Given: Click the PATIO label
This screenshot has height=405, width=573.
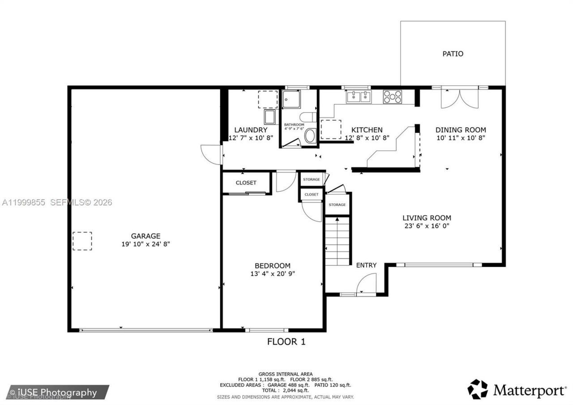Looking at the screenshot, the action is [x=453, y=54].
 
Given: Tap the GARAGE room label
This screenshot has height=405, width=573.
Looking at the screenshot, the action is [x=145, y=236].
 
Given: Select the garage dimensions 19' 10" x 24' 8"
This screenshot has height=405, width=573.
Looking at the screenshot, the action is [x=145, y=244].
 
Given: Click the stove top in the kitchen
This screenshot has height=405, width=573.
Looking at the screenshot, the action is [x=393, y=97].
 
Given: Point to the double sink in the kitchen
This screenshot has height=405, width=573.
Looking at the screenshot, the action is [x=359, y=97].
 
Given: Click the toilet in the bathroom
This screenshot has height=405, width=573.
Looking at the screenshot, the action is [x=308, y=117].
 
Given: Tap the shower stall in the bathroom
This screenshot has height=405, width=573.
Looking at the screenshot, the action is [x=291, y=99].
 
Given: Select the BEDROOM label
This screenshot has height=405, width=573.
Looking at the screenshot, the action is [x=273, y=266].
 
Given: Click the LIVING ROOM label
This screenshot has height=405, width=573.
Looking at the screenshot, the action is [x=427, y=218].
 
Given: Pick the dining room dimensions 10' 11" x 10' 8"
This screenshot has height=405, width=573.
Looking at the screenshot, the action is [x=461, y=138].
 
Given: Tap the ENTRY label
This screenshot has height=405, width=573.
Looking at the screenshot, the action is [x=366, y=265].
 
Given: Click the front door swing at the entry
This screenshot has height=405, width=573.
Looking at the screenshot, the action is [x=366, y=284].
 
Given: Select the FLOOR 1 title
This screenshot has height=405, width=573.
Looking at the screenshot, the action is [x=286, y=341].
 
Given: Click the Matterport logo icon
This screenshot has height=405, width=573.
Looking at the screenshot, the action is [x=477, y=389].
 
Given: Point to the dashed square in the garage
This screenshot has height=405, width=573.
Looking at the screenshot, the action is [x=82, y=241].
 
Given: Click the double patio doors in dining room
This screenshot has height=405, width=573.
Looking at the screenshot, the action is [x=460, y=99].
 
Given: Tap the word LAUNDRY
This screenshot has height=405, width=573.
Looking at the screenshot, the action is [x=251, y=130].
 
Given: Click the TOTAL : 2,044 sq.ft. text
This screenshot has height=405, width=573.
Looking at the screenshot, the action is [x=286, y=390].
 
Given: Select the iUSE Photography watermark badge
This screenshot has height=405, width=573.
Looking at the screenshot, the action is [x=58, y=392].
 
